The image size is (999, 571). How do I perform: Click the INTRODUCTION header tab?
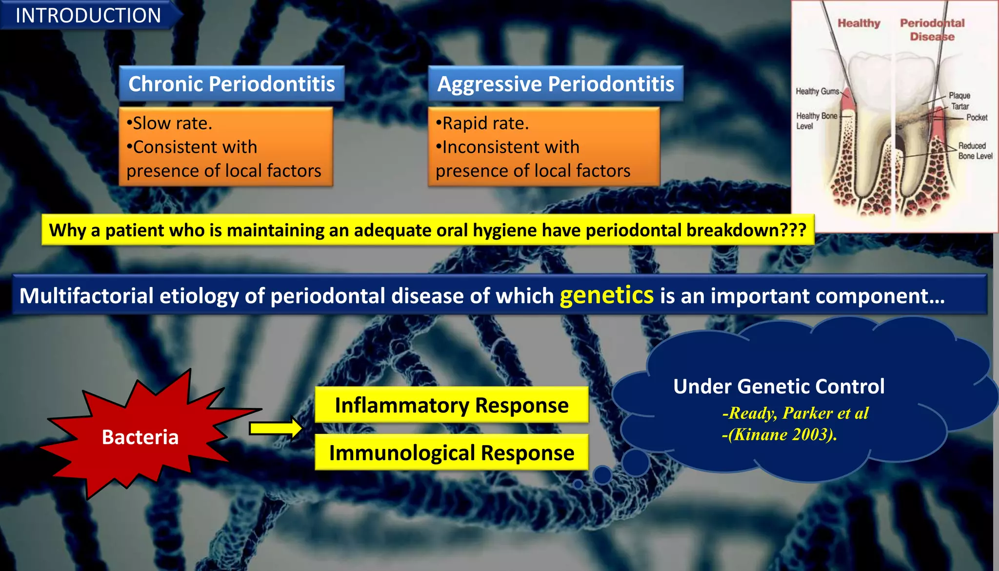(x=88, y=16)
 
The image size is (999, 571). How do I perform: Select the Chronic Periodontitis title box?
(x=232, y=84)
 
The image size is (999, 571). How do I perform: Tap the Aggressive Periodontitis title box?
(x=556, y=84)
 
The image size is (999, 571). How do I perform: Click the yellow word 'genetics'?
(x=606, y=295)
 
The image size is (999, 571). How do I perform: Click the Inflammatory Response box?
(x=451, y=405)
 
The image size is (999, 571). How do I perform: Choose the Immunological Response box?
(x=451, y=453)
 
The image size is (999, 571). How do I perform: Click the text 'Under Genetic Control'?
(x=779, y=387)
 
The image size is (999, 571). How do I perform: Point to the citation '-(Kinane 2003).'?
(x=779, y=434)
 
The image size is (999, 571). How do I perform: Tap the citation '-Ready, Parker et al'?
(x=795, y=413)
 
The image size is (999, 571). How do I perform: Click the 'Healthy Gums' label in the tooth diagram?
(x=817, y=91)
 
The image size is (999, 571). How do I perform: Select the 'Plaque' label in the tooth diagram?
(x=959, y=96)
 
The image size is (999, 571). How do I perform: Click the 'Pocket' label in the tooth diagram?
(x=977, y=118)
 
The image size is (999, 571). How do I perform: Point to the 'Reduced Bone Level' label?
(x=975, y=151)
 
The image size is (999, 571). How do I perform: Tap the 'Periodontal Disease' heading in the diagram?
(x=932, y=30)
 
